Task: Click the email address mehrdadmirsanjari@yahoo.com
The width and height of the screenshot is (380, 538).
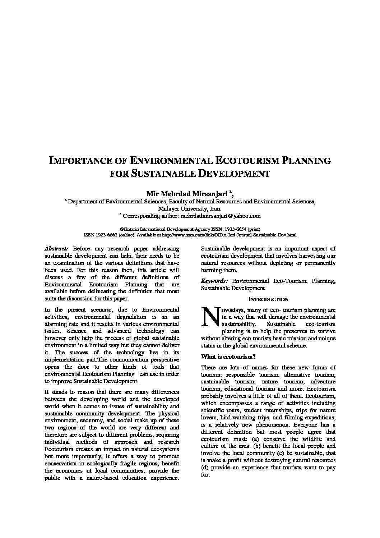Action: click(x=220, y=216)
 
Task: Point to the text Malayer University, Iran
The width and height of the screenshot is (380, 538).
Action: click(x=190, y=209)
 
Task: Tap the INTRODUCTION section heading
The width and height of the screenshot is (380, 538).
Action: click(x=268, y=299)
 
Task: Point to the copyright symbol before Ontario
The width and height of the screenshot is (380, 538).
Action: click(x=122, y=229)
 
